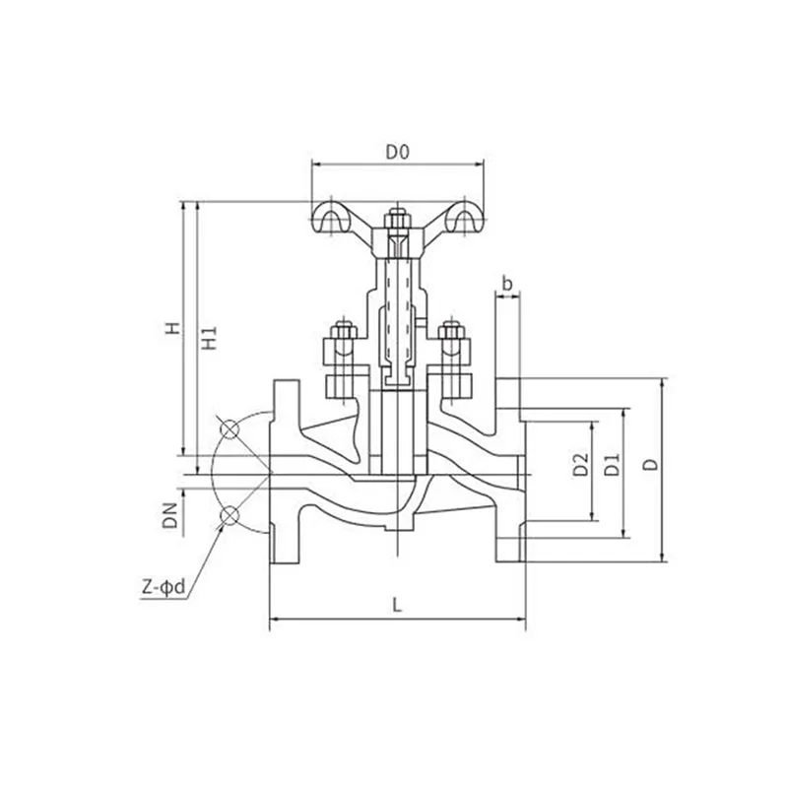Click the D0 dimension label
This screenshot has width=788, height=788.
click(398, 152)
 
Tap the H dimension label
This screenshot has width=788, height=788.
click(172, 328)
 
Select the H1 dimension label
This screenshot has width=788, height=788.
click(209, 338)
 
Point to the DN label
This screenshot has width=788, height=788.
click(171, 515)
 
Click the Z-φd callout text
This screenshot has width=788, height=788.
click(164, 586)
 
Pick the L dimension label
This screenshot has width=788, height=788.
click(398, 605)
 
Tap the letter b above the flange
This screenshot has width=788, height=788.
click(507, 284)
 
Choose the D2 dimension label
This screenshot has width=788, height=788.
click(580, 465)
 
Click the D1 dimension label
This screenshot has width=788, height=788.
click(612, 465)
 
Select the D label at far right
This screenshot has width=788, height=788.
click(651, 464)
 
